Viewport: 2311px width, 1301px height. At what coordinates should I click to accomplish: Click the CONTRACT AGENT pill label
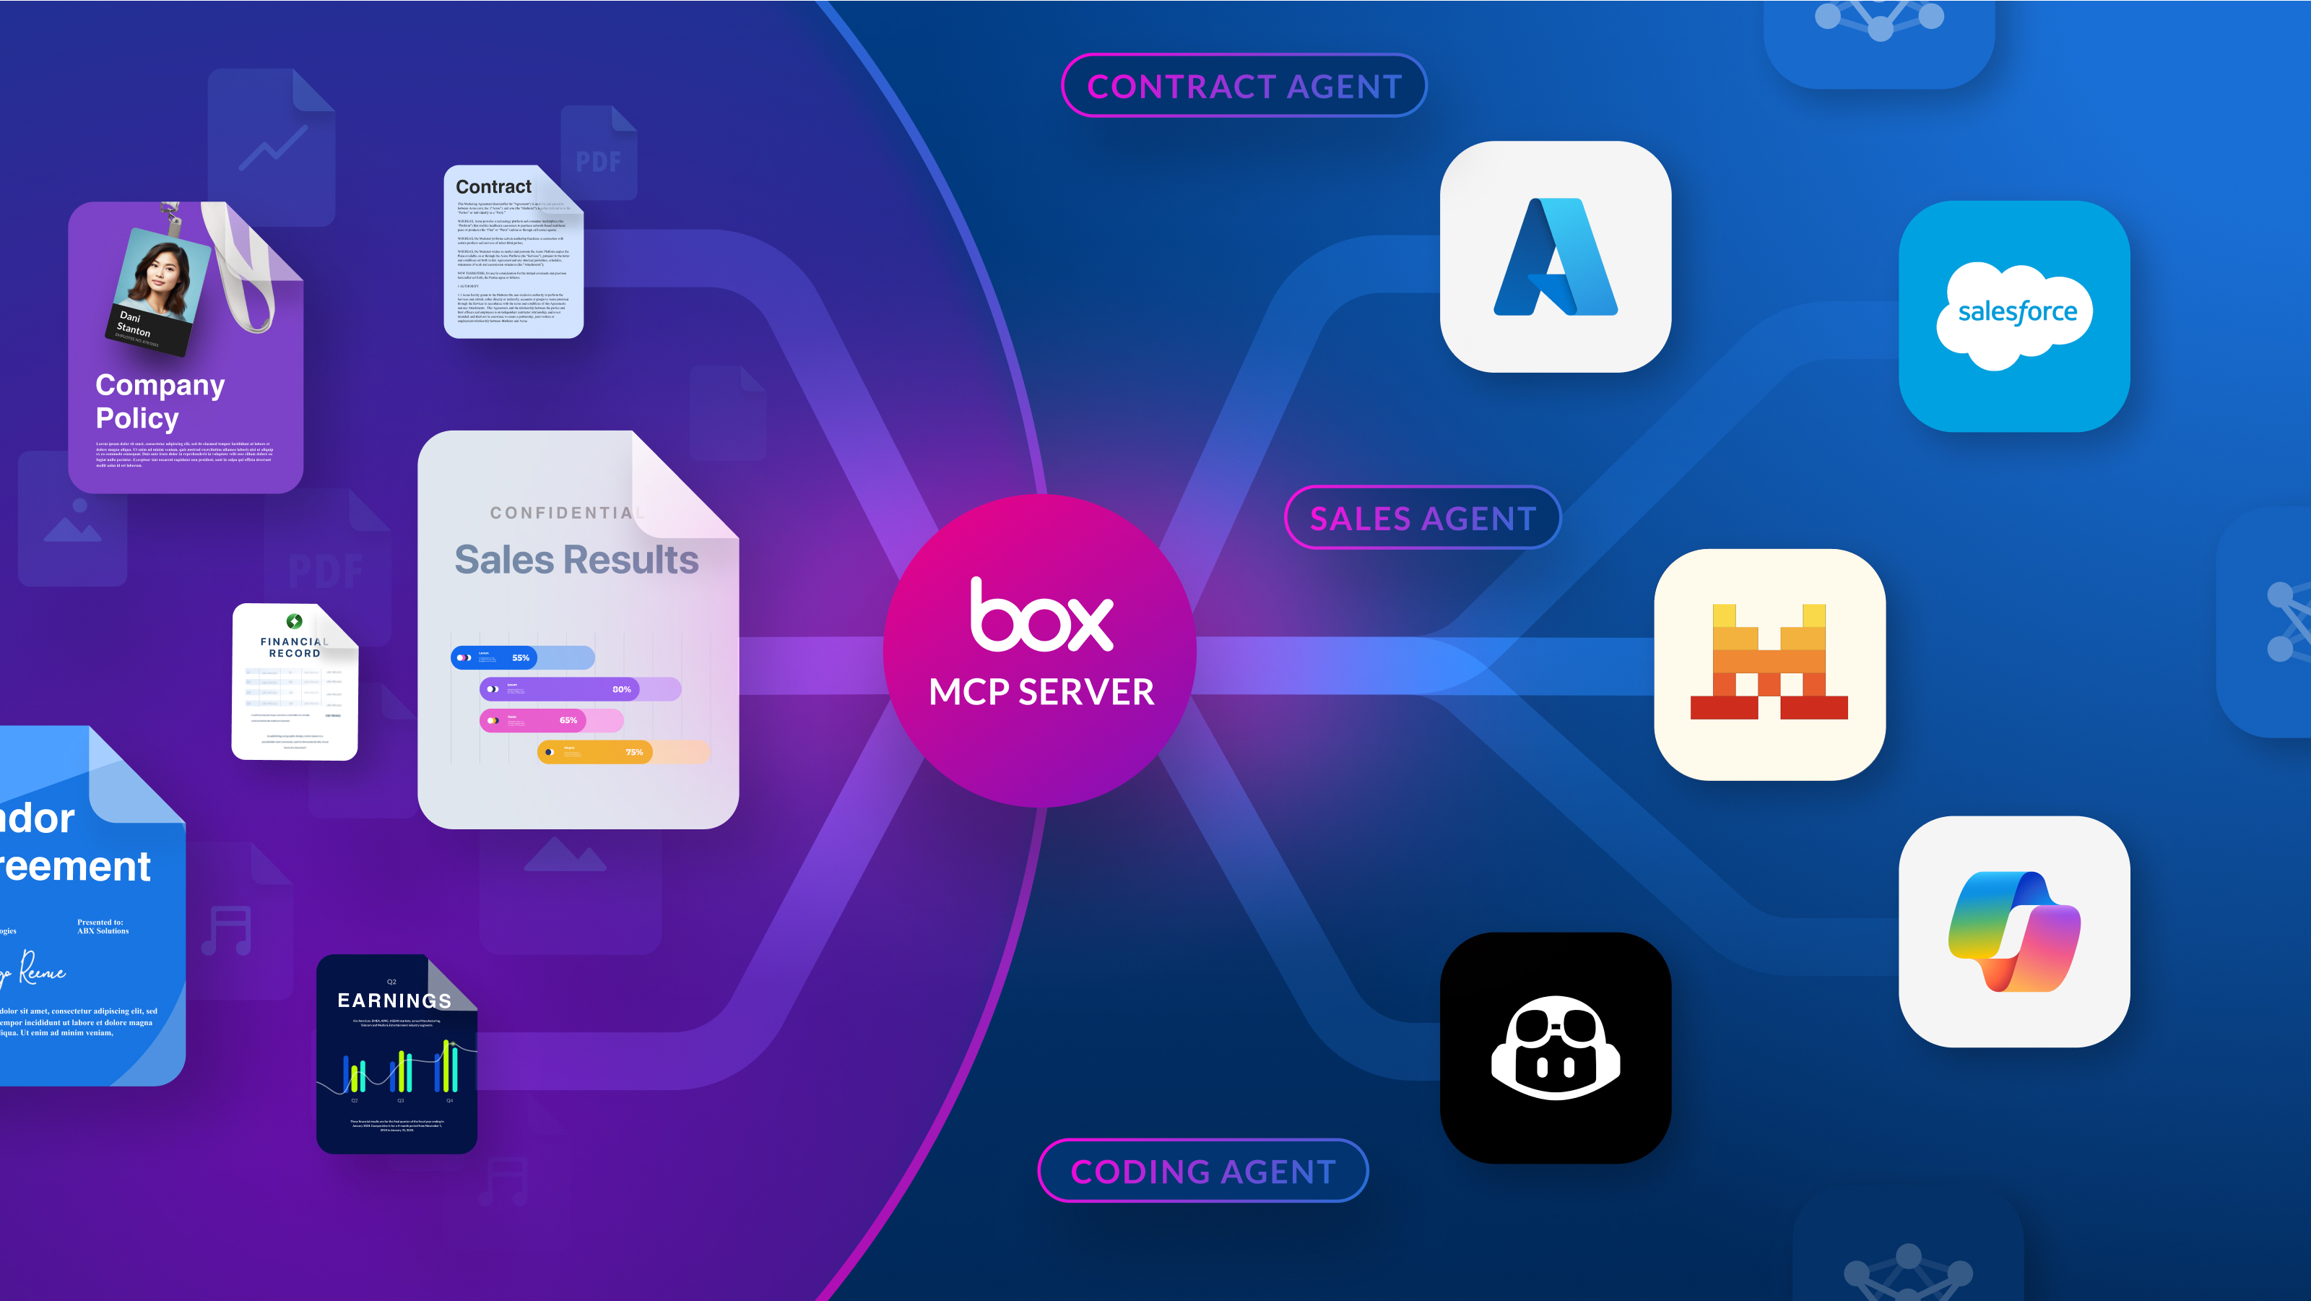pyautogui.click(x=1244, y=86)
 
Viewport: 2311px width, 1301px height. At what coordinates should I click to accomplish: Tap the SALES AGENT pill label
pyautogui.click(x=1422, y=518)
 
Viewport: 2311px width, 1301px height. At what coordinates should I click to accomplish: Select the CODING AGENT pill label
pyautogui.click(x=1202, y=1171)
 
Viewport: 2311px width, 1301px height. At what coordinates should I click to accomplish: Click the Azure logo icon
pyautogui.click(x=1555, y=256)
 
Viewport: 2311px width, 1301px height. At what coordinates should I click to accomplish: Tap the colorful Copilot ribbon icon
pyautogui.click(x=2014, y=931)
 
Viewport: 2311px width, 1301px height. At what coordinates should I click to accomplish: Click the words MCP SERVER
pyautogui.click(x=1041, y=692)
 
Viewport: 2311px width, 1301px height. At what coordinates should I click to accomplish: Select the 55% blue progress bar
pyautogui.click(x=521, y=657)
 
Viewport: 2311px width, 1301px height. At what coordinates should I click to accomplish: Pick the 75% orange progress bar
pyautogui.click(x=623, y=752)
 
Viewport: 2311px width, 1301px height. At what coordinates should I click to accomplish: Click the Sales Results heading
pyautogui.click(x=576, y=560)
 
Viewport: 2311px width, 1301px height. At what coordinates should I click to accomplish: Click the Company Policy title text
pyautogui.click(x=160, y=401)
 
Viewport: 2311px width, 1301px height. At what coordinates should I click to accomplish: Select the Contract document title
pyautogui.click(x=493, y=186)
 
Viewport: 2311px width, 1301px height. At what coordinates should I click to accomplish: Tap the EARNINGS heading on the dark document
pyautogui.click(x=394, y=1000)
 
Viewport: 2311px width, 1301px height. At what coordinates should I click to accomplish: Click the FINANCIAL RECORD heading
pyautogui.click(x=294, y=647)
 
